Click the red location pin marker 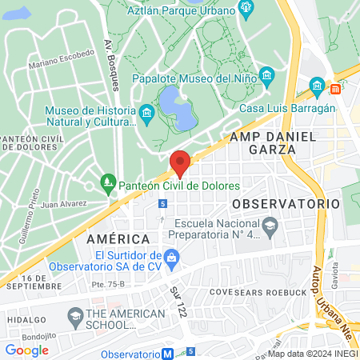(180, 163)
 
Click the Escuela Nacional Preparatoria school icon (270, 225)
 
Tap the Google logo (26, 350)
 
